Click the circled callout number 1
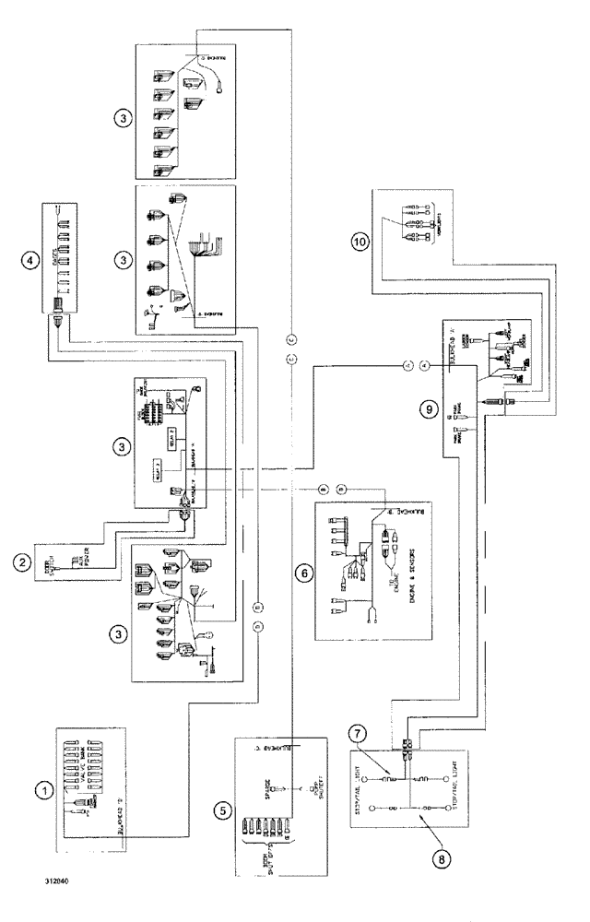(41, 790)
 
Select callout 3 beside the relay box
(121, 447)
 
